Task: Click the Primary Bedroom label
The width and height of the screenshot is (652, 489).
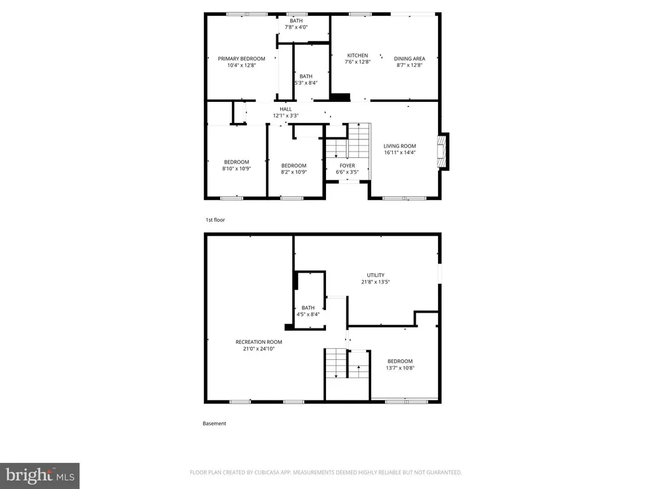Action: tap(241, 59)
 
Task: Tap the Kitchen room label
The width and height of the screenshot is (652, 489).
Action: tap(358, 55)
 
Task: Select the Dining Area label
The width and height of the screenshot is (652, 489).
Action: tap(409, 59)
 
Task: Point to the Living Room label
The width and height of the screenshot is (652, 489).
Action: tap(400, 146)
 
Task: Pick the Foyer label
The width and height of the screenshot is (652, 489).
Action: tap(347, 166)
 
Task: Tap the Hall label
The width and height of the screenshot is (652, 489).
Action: tap(286, 109)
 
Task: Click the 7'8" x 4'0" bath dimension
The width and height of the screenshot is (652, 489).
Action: tap(296, 27)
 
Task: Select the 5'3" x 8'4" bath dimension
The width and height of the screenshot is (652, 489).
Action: tap(306, 83)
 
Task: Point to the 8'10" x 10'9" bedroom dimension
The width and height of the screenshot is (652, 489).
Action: tap(237, 168)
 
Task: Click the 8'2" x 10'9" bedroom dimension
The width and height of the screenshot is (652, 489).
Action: tap(294, 172)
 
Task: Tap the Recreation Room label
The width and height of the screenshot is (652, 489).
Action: tap(259, 342)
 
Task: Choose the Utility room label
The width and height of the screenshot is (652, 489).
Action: tap(376, 275)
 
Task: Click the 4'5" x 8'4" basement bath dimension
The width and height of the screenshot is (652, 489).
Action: tap(308, 315)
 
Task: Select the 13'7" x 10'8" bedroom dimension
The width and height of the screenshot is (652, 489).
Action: tap(400, 367)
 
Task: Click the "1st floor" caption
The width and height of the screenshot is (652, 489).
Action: tap(215, 220)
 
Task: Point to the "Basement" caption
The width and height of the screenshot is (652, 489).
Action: tap(215, 423)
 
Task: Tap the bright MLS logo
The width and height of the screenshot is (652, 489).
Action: tap(40, 476)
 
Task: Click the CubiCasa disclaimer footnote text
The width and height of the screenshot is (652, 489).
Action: tap(325, 472)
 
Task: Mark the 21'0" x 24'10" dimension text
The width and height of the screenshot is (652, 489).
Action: tap(259, 348)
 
